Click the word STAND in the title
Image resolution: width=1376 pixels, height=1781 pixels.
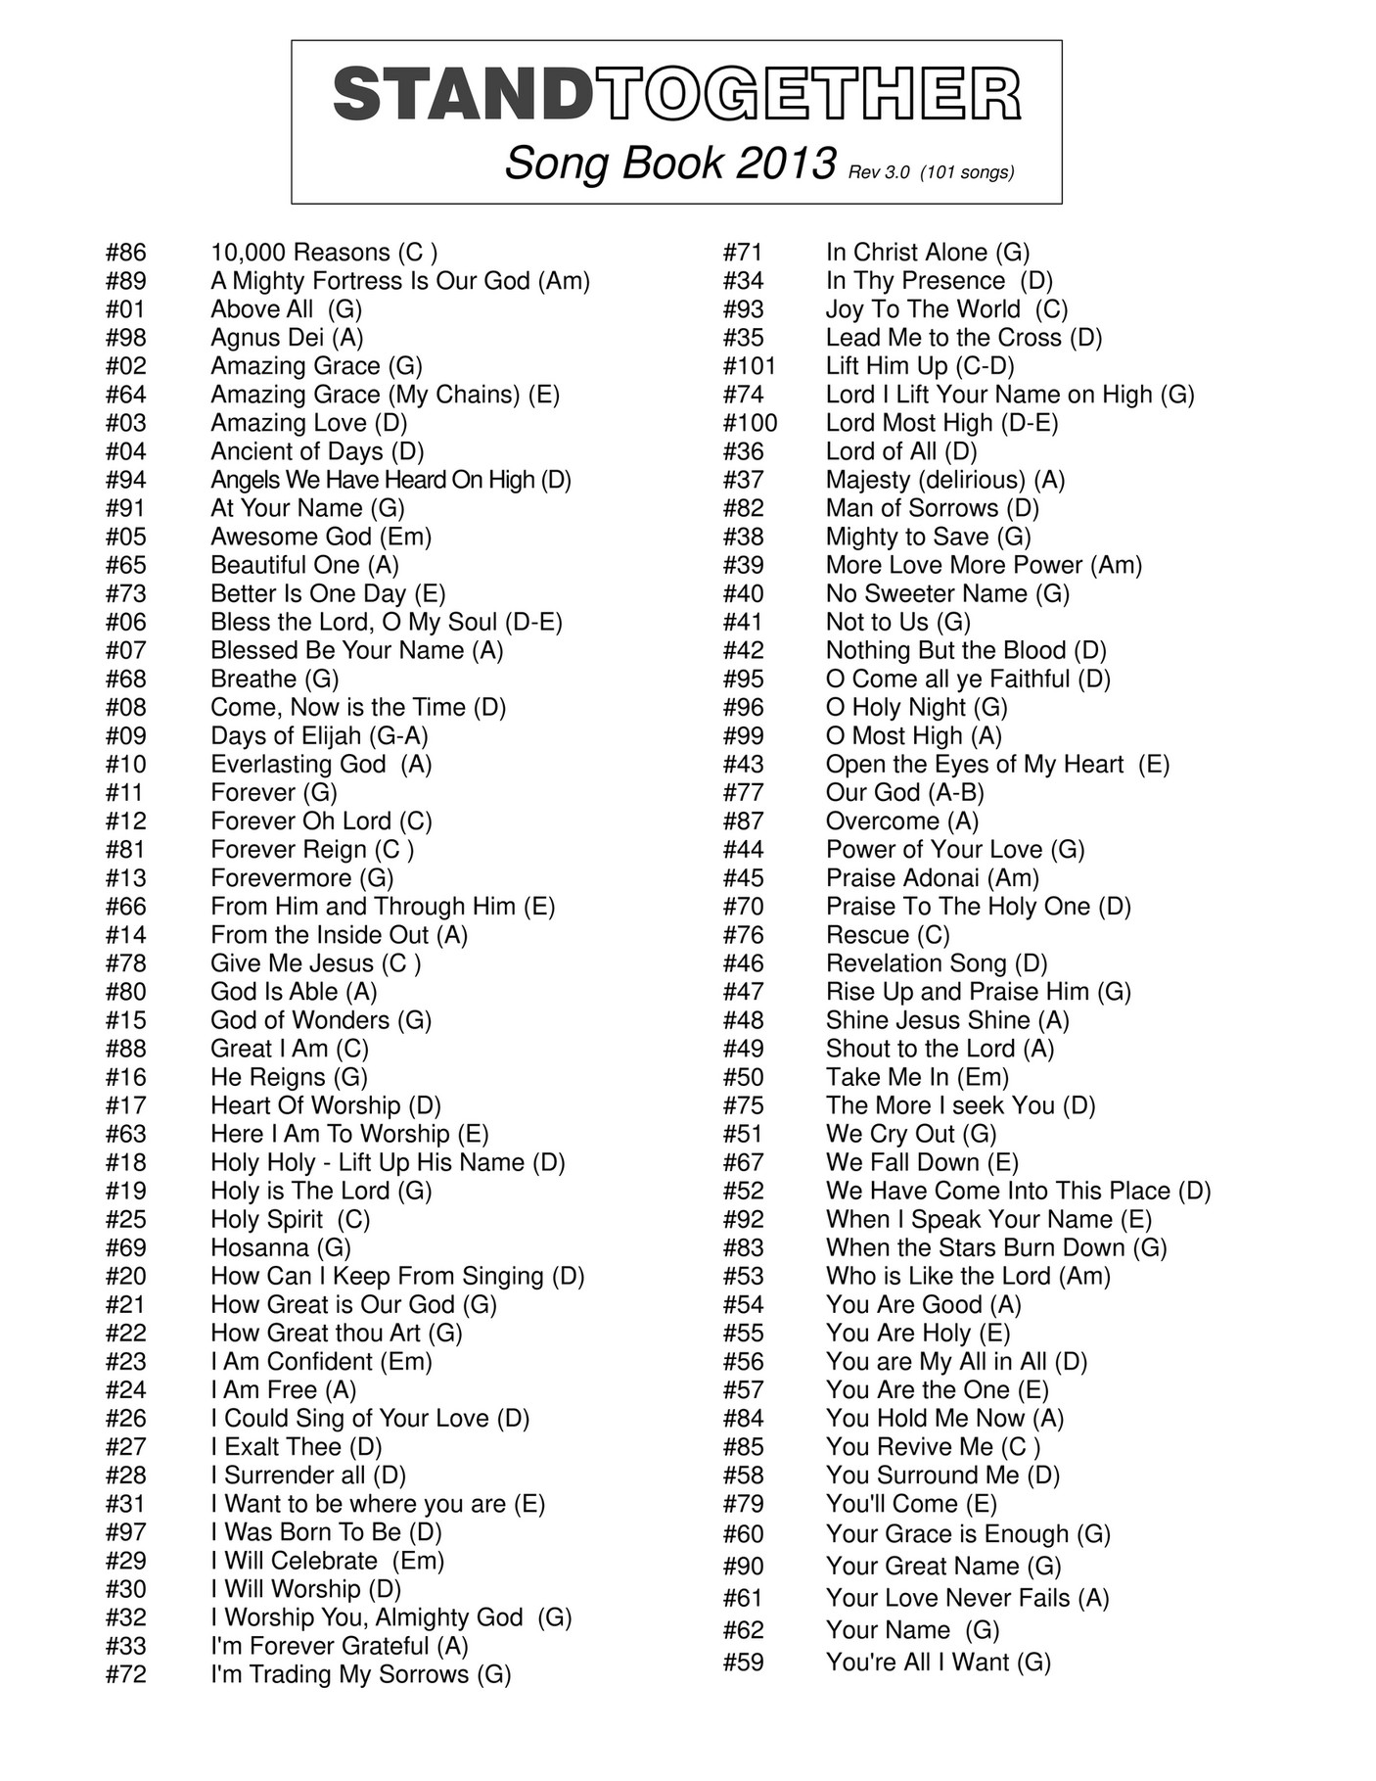click(462, 95)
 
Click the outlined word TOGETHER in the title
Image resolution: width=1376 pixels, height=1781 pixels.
click(807, 95)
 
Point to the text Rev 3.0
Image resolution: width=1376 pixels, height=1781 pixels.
click(879, 172)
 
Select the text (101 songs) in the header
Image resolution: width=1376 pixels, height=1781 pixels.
click(967, 172)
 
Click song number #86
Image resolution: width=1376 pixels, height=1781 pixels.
click(125, 253)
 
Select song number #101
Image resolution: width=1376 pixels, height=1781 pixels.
click(749, 366)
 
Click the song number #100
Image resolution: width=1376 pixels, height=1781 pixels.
click(750, 423)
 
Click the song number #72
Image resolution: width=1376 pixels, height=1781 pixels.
click(125, 1674)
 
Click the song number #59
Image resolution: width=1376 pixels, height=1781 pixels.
click(743, 1662)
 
